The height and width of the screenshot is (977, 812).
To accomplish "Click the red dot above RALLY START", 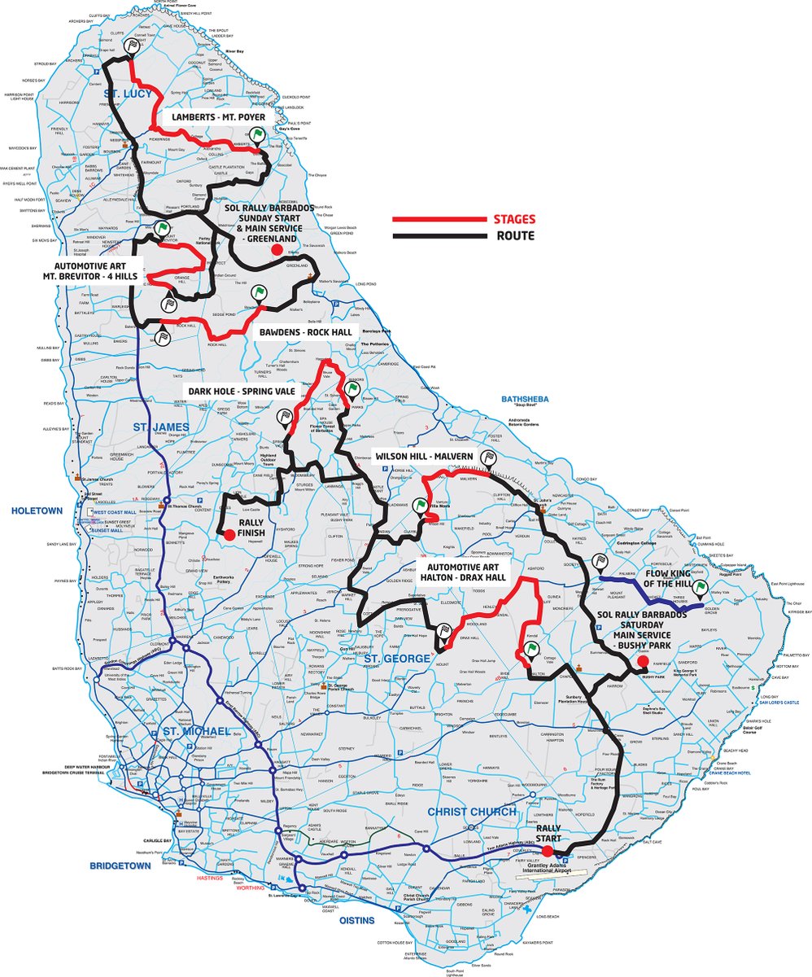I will (548, 851).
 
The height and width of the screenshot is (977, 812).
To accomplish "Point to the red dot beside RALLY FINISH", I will (230, 534).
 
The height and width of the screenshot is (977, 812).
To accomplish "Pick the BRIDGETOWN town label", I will (120, 865).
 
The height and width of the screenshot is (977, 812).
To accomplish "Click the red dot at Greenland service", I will (276, 250).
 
